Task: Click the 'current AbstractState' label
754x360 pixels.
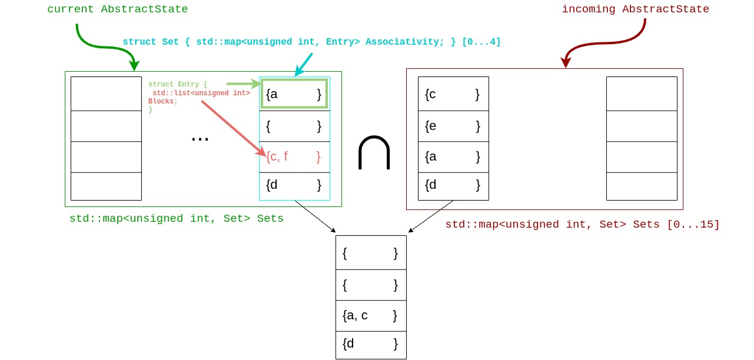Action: coord(118,9)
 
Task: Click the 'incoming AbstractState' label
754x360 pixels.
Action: coord(635,9)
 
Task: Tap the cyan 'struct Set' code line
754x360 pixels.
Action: coord(311,42)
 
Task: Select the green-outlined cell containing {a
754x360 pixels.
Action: coord(294,94)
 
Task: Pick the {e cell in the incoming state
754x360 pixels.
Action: coord(453,126)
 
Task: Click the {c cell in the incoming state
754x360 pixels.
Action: coord(453,94)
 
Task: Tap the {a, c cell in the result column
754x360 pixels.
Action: coord(371,316)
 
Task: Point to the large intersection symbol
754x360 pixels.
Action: coord(374,153)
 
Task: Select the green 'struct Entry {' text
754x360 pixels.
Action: coord(178,85)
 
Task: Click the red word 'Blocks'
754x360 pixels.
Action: coord(161,102)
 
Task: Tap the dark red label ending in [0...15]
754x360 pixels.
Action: coord(582,225)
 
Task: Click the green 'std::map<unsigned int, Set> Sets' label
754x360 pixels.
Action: coord(177,219)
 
